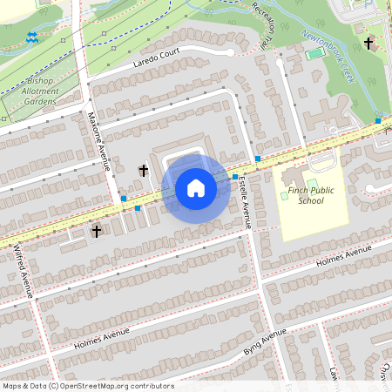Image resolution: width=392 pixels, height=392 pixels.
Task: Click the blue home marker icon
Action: coord(196,188)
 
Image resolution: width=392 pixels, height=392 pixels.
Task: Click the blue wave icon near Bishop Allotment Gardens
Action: coord(32,37)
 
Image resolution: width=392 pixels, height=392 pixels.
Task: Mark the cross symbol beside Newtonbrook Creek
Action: coord(368,43)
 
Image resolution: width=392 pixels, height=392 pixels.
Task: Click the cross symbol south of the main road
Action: coord(97,231)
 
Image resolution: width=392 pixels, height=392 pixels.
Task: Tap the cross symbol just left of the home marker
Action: coord(144,171)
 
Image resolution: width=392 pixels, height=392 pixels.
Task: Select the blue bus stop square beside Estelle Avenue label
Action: coord(235,177)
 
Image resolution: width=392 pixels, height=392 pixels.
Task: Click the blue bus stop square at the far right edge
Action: coord(378,120)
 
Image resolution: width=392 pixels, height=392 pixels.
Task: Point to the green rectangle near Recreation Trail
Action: coord(314,54)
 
